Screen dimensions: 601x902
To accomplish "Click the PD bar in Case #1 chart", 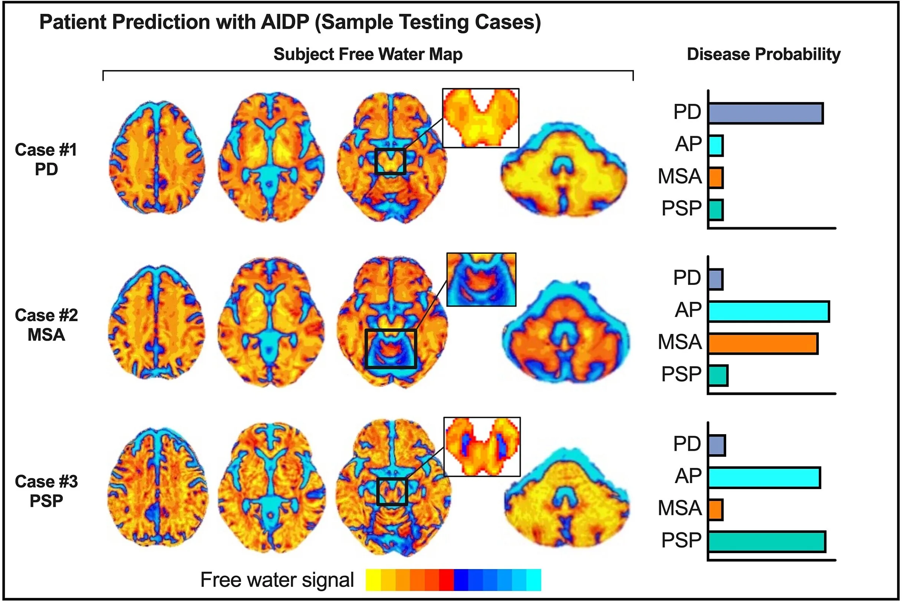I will (765, 113).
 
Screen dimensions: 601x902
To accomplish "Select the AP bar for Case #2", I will (768, 311).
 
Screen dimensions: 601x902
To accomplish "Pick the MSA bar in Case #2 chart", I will (763, 344).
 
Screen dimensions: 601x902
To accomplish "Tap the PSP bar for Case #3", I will (766, 542).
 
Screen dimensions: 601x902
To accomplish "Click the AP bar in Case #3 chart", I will (764, 478).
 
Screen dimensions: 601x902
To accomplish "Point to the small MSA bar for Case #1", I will (716, 178).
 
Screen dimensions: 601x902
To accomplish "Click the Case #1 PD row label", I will (46, 159).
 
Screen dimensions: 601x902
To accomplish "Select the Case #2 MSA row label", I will (46, 325).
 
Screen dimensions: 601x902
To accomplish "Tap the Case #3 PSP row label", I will (46, 491).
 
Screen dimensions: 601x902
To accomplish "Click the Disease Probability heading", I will (763, 55).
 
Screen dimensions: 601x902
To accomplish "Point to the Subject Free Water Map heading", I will (368, 55).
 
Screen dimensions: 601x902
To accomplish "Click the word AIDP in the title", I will (284, 22).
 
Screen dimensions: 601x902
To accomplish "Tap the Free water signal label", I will (277, 580).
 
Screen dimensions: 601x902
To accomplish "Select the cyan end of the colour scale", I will (533, 580).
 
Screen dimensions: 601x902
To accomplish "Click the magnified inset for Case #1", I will (480, 118).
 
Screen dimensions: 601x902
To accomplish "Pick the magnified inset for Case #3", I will (482, 447).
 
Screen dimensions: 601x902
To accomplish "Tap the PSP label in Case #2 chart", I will (681, 374).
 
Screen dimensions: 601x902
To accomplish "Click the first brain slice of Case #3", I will (157, 487).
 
